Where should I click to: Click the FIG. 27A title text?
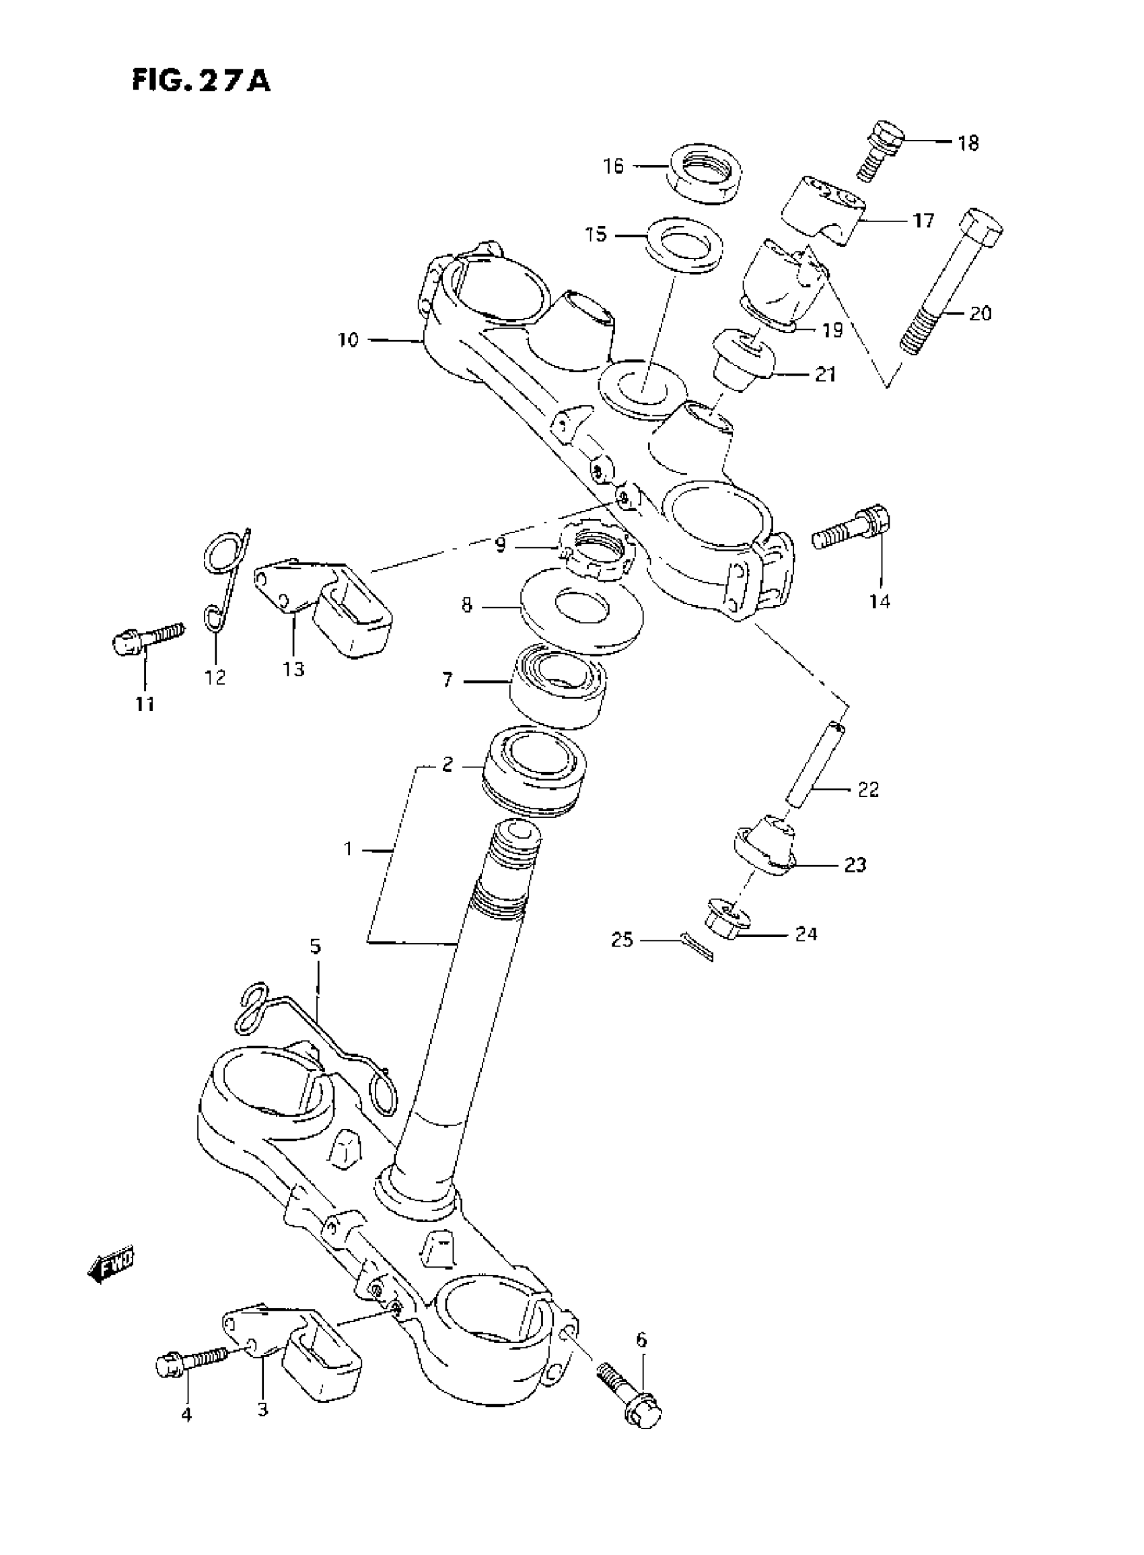[201, 81]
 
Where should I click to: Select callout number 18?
[968, 143]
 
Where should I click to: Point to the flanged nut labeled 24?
[727, 919]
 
